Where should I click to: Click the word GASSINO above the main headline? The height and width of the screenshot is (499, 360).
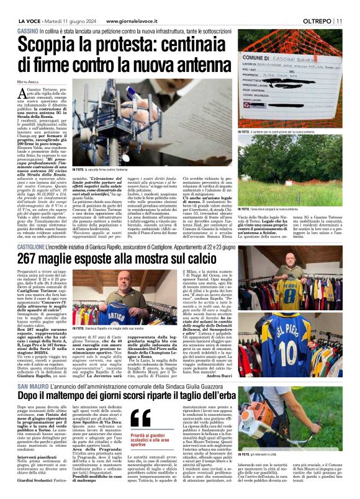28,30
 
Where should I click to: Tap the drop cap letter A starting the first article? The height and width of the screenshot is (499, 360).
22,95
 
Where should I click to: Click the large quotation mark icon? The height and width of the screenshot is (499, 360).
142,418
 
